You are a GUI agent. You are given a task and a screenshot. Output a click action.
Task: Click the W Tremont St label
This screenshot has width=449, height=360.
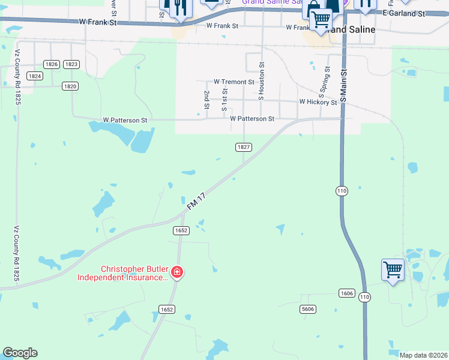tap(234, 82)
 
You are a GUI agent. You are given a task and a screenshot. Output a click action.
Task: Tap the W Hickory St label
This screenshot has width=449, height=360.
tap(318, 102)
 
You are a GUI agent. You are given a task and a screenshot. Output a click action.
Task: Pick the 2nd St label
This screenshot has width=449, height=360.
tap(206, 100)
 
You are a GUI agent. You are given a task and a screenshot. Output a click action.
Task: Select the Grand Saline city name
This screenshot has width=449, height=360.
tap(352, 29)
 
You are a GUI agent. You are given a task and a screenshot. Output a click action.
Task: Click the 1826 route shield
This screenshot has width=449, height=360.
tap(52, 64)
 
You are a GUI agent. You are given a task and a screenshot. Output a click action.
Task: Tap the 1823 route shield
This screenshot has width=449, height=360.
tap(71, 64)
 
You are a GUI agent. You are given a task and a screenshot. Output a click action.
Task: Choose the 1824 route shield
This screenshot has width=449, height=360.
tap(35, 76)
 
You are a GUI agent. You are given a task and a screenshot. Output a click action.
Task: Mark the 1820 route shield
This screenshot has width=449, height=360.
tap(71, 86)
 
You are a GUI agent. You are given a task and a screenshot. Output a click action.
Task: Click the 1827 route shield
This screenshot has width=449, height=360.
tap(243, 147)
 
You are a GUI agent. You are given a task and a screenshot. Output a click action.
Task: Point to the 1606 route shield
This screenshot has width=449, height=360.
tap(346, 293)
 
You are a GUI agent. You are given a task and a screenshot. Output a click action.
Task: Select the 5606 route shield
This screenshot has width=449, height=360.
tap(308, 309)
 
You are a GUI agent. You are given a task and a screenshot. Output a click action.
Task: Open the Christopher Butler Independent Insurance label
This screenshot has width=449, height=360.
tap(123, 273)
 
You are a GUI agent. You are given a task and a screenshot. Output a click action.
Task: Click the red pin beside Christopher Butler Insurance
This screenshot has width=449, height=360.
tap(176, 273)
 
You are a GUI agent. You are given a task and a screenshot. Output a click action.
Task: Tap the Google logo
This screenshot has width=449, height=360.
tap(20, 353)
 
